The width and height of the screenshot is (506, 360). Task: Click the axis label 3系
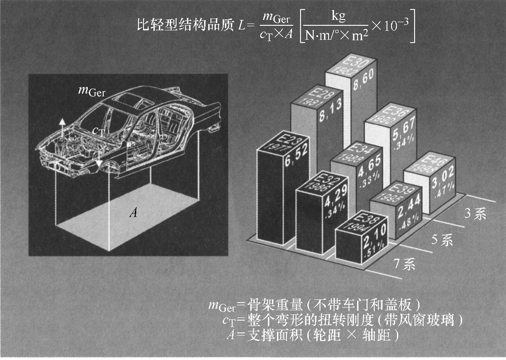475,214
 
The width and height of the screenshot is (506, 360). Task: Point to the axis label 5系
441,240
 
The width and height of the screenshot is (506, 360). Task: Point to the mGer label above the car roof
91,91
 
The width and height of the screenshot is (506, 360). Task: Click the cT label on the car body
99,131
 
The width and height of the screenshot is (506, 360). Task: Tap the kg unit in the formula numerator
338,17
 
